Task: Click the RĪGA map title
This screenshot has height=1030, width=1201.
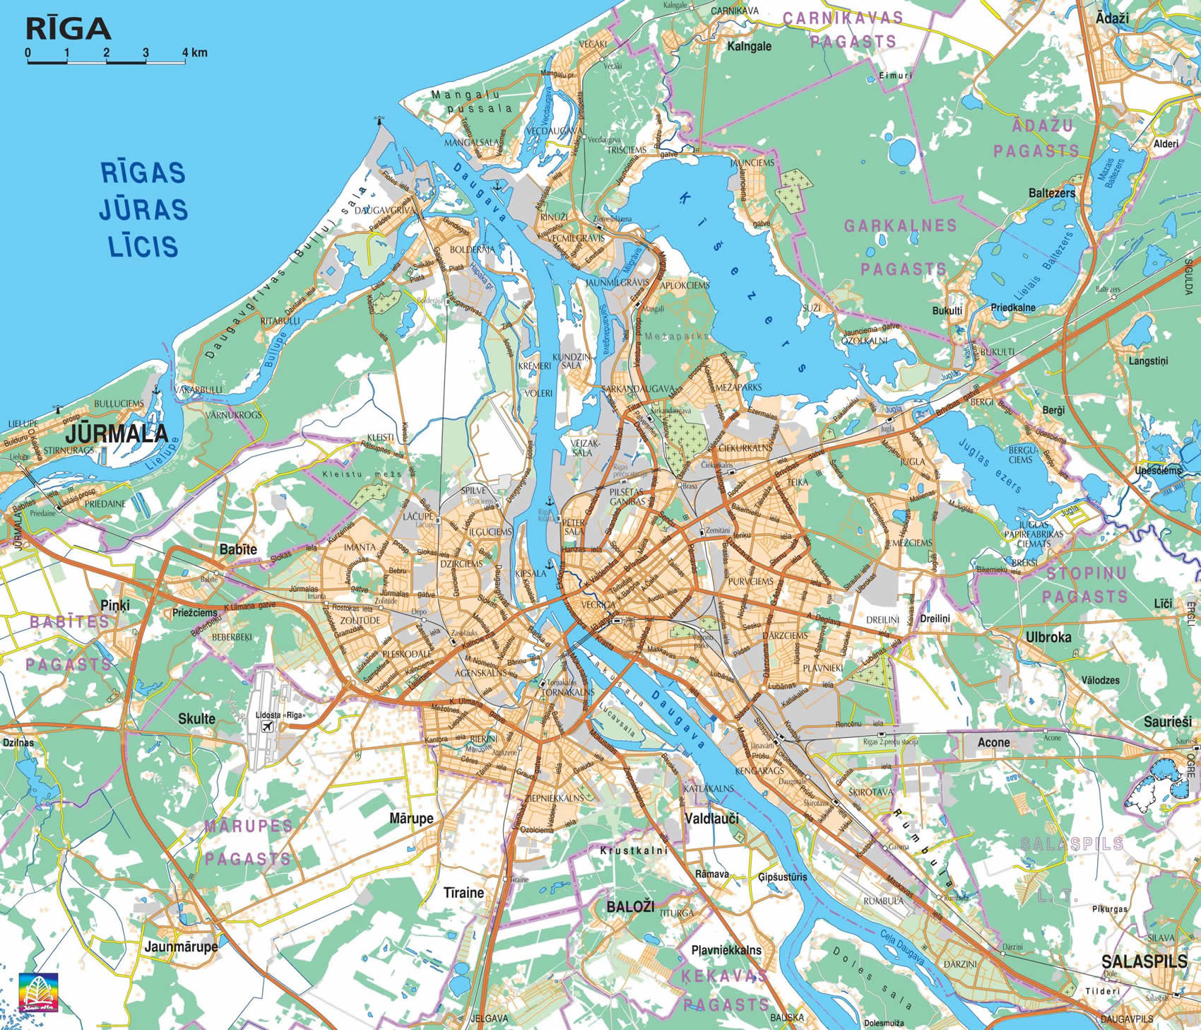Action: [x=69, y=28]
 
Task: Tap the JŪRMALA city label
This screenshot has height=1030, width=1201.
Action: [x=117, y=433]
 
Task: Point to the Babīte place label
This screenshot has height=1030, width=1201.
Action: [x=238, y=549]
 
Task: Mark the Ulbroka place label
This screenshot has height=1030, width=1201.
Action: [x=1048, y=637]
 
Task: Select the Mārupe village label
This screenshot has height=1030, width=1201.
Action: [x=411, y=819]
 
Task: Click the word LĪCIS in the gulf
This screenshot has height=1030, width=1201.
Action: [x=143, y=246]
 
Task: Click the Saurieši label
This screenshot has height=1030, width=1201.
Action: [x=1168, y=722]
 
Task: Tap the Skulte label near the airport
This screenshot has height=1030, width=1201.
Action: [x=196, y=718]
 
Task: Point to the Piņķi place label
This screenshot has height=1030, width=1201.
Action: [x=115, y=606]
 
